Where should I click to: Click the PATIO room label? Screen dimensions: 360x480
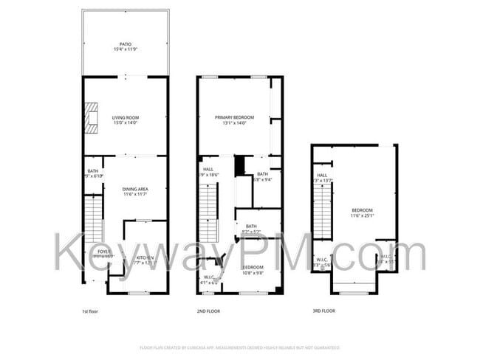click(x=126, y=44)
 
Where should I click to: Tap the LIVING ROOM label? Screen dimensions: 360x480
click(x=126, y=117)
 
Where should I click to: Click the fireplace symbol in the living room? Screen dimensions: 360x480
click(x=90, y=117)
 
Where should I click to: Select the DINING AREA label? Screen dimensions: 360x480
click(x=135, y=189)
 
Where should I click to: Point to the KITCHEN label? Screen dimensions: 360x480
click(x=145, y=257)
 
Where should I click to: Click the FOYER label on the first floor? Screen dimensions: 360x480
click(x=103, y=252)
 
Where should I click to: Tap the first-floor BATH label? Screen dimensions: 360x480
click(x=93, y=170)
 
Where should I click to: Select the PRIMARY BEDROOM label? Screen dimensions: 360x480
click(x=234, y=117)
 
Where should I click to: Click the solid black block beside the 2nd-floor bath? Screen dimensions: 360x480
click(x=239, y=166)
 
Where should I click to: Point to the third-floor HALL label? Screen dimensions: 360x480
click(x=322, y=175)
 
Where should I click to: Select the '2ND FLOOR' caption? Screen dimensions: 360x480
click(x=209, y=311)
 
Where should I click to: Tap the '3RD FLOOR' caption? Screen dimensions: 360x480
click(x=323, y=311)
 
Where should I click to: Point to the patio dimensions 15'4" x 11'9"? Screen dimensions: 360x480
click(x=126, y=49)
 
